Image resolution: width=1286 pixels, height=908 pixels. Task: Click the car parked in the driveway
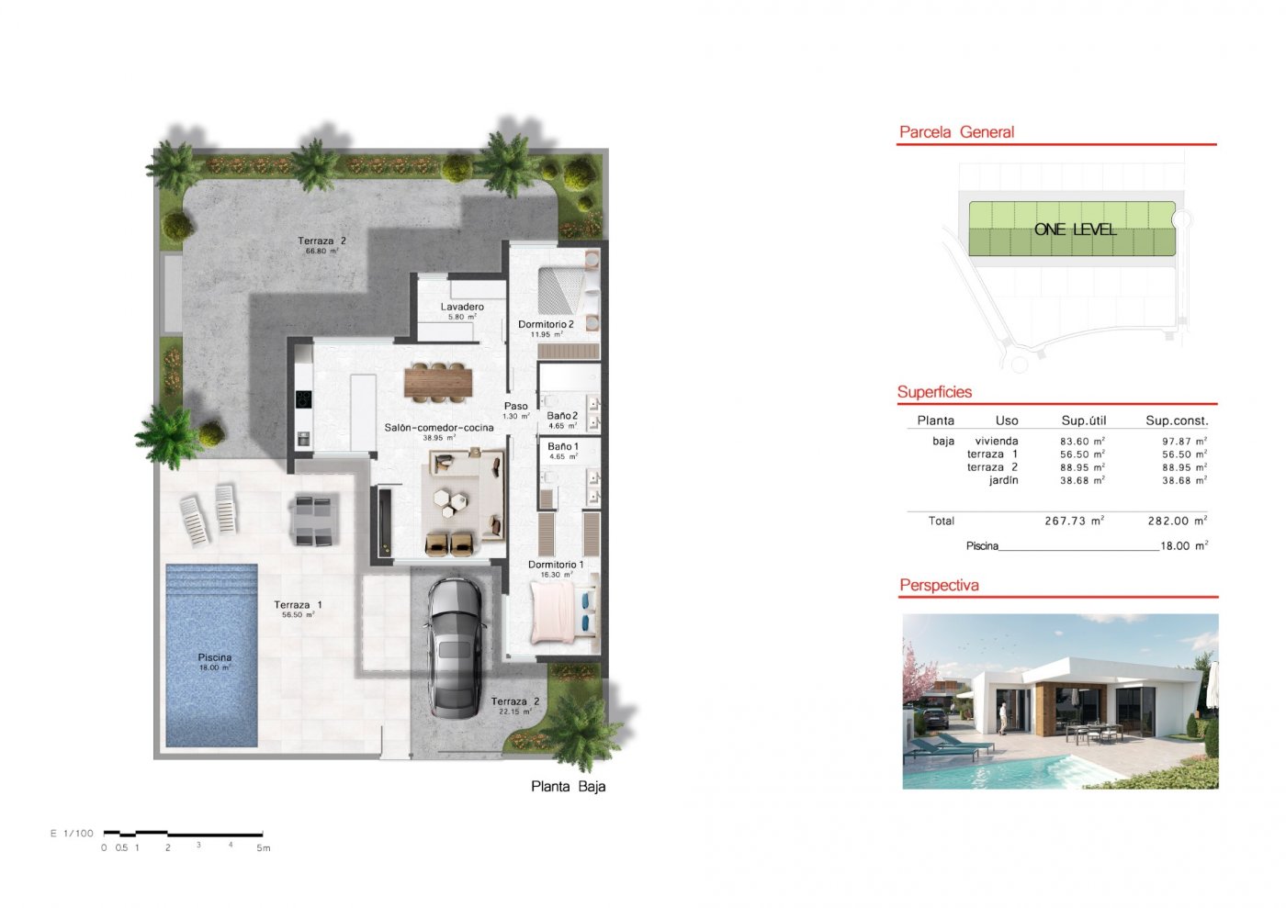pos(455,647)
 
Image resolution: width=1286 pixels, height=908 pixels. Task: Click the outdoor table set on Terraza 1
pos(314,521)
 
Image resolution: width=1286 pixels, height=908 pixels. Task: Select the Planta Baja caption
pos(568,787)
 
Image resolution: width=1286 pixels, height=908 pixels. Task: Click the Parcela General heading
pos(956,132)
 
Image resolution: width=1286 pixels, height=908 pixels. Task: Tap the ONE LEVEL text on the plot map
pos(1075,230)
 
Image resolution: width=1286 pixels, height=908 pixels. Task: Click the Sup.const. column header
pos(1176,420)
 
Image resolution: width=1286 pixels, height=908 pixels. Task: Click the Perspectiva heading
pos(939,586)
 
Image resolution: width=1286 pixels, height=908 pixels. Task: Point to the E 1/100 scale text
pos(72,834)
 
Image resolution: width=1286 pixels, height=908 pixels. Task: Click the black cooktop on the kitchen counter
pos(303,399)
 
